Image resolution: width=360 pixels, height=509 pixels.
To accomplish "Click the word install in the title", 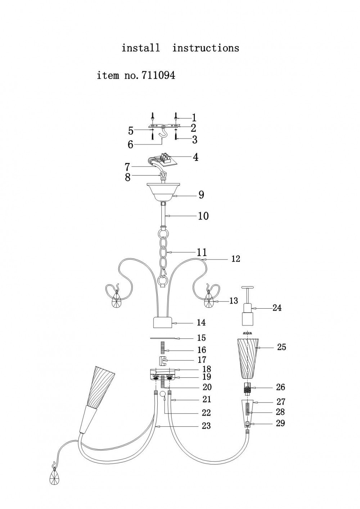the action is pyautogui.click(x=140, y=48).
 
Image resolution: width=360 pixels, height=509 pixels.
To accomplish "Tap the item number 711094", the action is pyautogui.click(x=158, y=75).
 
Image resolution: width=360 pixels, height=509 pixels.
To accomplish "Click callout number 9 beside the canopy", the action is pyautogui.click(x=201, y=195).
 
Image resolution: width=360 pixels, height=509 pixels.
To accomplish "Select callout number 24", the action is pyautogui.click(x=277, y=308).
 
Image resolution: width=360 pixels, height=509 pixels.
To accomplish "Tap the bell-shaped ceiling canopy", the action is pyautogui.click(x=162, y=192).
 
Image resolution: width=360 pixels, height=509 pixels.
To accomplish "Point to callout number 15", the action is pyautogui.click(x=202, y=338).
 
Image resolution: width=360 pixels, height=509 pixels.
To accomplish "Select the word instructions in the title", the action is pyautogui.click(x=206, y=48).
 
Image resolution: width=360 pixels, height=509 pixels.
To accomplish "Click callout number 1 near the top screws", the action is pyautogui.click(x=194, y=118).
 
